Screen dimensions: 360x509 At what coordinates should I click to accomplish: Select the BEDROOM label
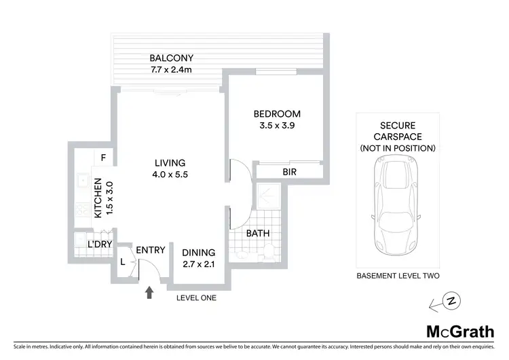click(277, 113)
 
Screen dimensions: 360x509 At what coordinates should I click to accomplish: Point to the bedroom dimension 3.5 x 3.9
click(277, 125)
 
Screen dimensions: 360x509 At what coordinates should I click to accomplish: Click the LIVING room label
click(170, 162)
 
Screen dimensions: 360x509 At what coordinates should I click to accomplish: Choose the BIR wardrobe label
click(290, 173)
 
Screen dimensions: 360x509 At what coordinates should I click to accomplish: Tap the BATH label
click(258, 233)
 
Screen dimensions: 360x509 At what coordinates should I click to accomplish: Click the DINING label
click(199, 252)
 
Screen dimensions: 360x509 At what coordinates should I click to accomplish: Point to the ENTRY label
click(150, 250)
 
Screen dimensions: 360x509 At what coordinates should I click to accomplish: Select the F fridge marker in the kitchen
click(103, 158)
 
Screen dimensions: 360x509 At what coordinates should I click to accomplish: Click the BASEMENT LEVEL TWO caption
click(398, 276)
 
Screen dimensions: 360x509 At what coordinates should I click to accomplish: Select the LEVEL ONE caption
click(195, 297)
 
